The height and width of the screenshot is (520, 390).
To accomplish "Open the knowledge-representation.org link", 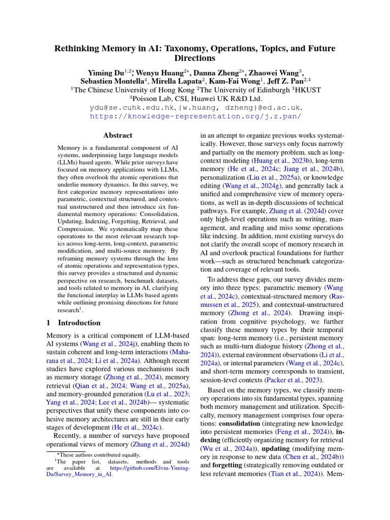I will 196,116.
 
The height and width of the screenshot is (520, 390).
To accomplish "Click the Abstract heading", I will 118,136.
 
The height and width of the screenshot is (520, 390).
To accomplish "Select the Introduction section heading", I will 79,322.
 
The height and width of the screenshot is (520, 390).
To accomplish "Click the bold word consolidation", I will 243,422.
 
